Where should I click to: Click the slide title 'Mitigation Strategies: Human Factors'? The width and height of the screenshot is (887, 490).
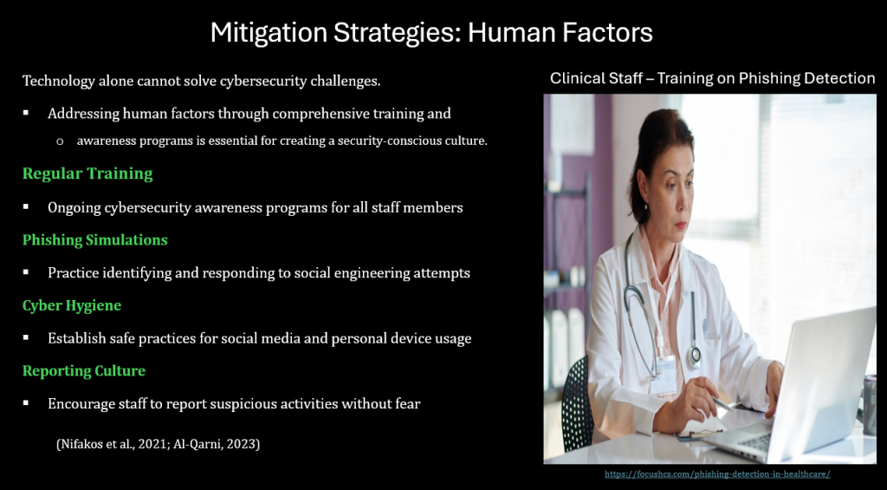coord(431,33)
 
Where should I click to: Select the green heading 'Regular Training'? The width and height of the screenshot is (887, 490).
coord(87,174)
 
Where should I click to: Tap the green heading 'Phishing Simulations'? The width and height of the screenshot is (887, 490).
coord(95,240)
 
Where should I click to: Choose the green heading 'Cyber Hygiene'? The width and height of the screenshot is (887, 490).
coord(72,306)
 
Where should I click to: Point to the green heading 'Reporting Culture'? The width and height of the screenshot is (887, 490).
coord(84,371)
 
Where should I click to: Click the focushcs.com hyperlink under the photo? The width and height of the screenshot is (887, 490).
coord(717,474)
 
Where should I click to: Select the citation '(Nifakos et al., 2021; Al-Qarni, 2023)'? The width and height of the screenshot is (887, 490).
coord(159,444)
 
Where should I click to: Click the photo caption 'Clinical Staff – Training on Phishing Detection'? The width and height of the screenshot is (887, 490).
coord(713,78)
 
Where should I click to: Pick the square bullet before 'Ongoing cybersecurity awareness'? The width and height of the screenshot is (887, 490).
coord(26,206)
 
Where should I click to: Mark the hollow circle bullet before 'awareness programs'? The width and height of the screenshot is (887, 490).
coord(60,141)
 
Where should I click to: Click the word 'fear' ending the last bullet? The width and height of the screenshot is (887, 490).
coord(407,404)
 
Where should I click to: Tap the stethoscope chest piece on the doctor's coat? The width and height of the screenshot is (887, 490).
coord(694,356)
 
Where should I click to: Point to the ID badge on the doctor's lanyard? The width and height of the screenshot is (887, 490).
coord(664,375)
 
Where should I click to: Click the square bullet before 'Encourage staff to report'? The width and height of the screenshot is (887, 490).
coord(26,403)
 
